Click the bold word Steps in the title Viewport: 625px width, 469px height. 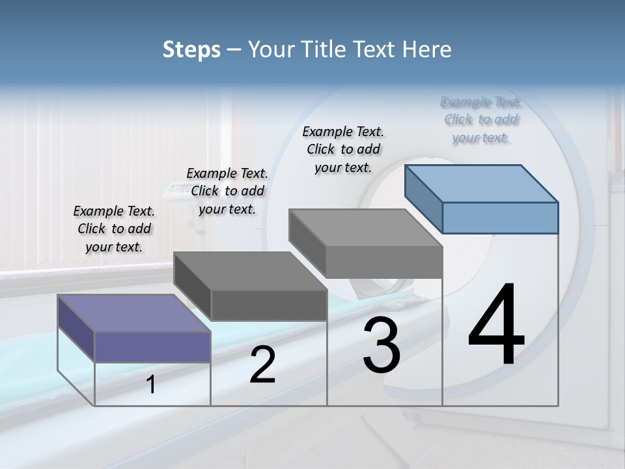(x=191, y=50)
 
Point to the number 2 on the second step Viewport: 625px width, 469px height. (x=263, y=365)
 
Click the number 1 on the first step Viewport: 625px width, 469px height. (x=151, y=385)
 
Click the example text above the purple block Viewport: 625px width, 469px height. (x=114, y=229)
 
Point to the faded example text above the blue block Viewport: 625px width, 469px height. (x=481, y=120)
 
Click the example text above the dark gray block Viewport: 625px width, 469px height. (x=227, y=191)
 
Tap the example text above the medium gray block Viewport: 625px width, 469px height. (x=343, y=149)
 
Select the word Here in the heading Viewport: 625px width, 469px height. (x=427, y=50)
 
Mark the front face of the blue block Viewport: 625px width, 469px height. (x=500, y=218)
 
